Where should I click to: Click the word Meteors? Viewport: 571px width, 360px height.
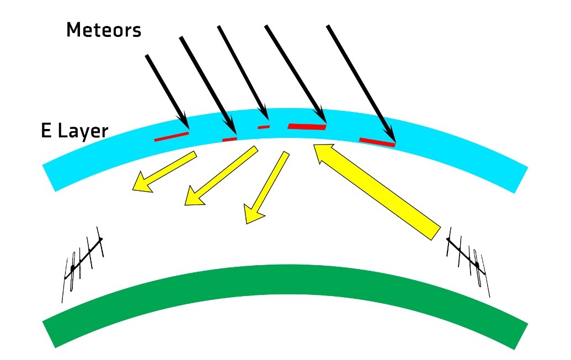pos(104,30)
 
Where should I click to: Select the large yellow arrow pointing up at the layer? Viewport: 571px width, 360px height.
pos(377,191)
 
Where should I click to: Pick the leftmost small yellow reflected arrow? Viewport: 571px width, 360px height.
pos(164,172)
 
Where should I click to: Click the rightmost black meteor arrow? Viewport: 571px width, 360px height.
pos(361,83)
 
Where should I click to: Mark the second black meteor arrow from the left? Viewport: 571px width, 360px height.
pos(208,86)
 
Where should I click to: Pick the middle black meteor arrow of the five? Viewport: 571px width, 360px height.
pos(243,73)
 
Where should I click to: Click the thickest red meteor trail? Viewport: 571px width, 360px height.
pos(307,126)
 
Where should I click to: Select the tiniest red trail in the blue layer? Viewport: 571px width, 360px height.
pos(264,127)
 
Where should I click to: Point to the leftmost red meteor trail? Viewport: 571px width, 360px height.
pos(172,137)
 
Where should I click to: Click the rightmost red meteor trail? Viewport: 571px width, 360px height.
pos(377,142)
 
